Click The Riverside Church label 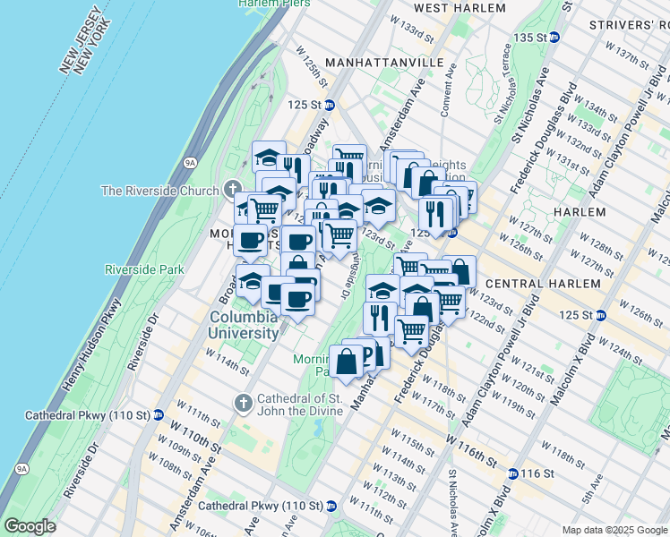point(159,190)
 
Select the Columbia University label point(245,325)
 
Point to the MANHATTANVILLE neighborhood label point(384,63)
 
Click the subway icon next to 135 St point(554,37)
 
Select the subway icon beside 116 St point(512,473)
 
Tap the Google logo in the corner point(30,526)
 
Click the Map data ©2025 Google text point(614,530)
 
